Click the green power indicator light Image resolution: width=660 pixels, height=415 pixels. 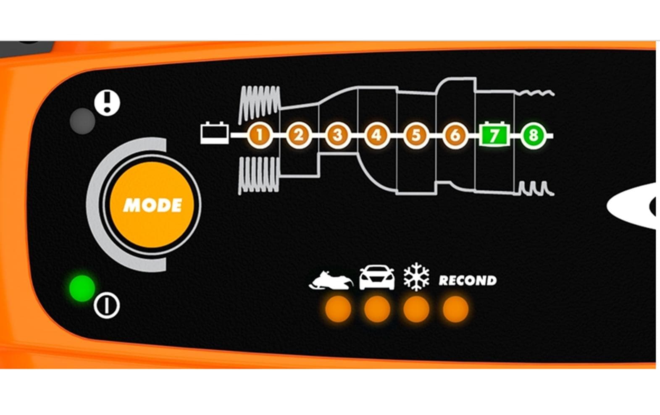coord(82,288)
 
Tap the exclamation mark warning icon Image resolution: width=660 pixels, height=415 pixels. coord(107,103)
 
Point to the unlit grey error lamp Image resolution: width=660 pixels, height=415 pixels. coord(82,121)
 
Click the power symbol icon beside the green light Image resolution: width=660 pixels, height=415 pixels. coord(107,306)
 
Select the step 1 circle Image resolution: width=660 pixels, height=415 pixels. coord(260,136)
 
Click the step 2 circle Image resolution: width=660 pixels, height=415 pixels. coord(299,136)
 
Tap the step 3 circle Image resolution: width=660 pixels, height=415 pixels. coord(338,136)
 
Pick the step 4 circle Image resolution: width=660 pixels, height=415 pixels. coord(377,136)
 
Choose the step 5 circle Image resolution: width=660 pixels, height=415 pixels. coord(416,136)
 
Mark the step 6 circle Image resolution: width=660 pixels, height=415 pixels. coord(455,136)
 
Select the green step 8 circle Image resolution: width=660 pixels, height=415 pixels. coord(533,136)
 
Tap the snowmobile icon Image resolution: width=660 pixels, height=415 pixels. coord(331,280)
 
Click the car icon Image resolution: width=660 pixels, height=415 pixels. coord(377,277)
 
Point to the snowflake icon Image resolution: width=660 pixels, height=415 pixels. coord(416,277)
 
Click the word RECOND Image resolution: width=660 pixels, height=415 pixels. coord(468,281)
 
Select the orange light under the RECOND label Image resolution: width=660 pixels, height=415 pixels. coord(455,309)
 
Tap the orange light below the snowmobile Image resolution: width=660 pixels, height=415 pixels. coord(338,309)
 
